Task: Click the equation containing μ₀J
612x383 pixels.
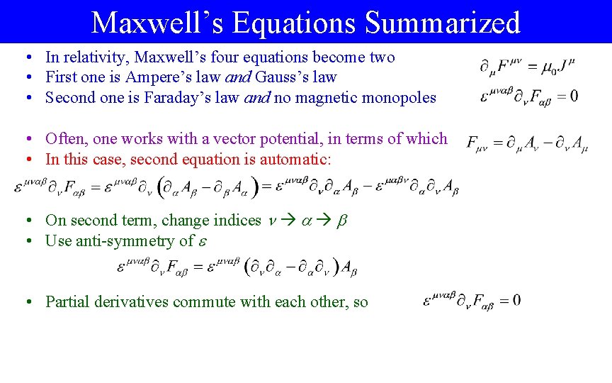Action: tap(528, 67)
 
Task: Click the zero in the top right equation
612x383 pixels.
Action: tap(573, 96)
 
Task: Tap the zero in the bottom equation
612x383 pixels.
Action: tap(516, 301)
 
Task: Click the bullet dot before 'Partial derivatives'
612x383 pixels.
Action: tap(25, 302)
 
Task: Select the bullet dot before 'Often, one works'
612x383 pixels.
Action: tap(25, 139)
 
